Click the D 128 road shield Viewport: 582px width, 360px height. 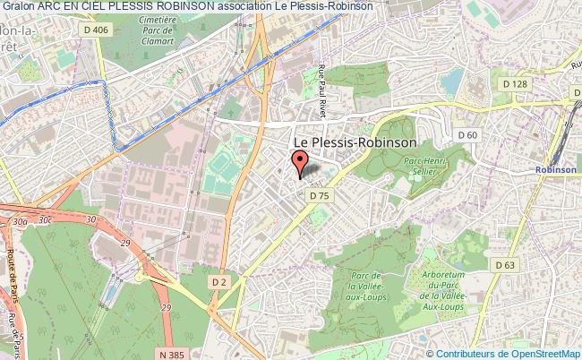tap(515, 84)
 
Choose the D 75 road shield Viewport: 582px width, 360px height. tap(318, 193)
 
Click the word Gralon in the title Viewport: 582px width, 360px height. tap(18, 5)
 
